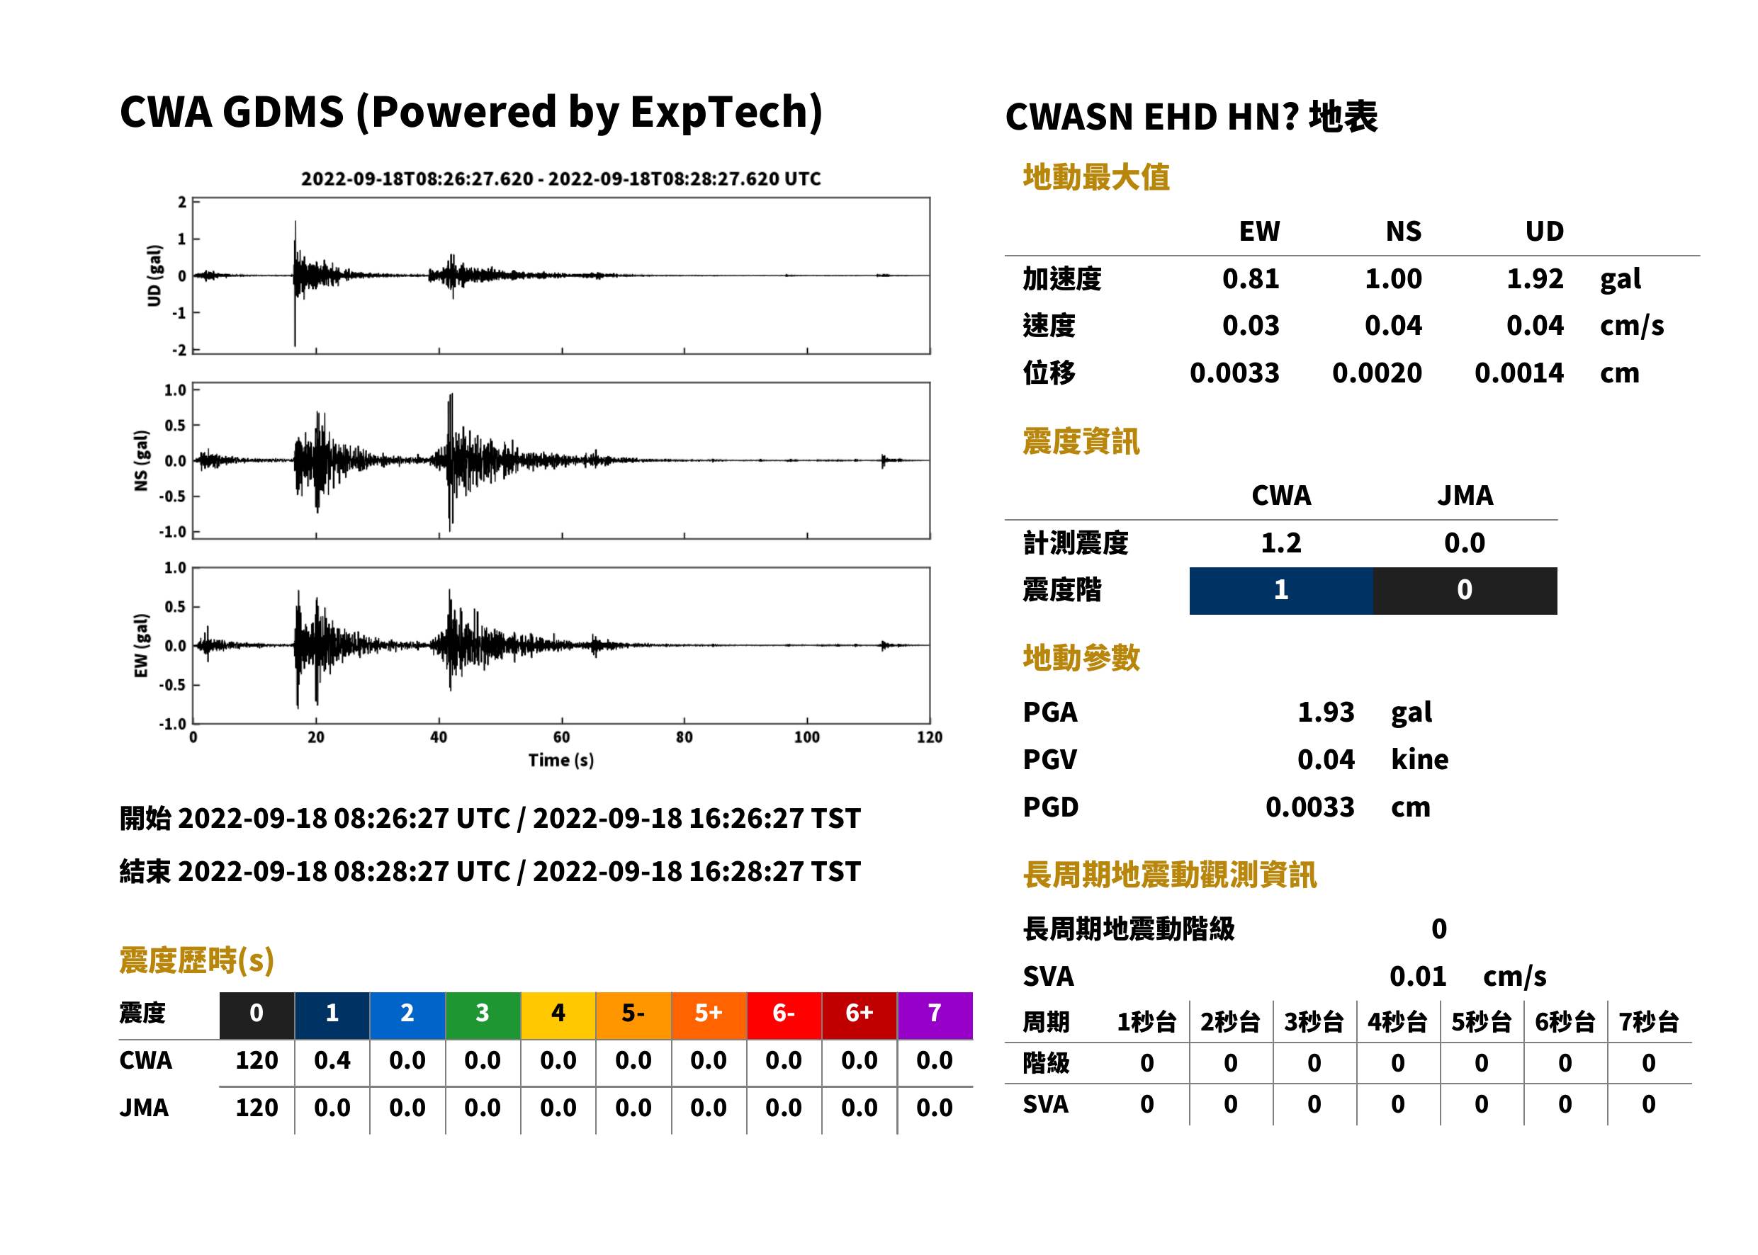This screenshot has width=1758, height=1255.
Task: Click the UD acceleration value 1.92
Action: (1535, 278)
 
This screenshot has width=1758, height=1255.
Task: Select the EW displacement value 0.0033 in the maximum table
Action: (1234, 373)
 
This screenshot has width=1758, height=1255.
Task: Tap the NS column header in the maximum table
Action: (1403, 231)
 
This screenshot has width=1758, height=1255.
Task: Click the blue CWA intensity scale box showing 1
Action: (1281, 591)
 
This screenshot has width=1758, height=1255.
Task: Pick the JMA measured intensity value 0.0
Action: (1464, 543)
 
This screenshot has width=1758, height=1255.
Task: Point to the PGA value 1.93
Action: (1326, 712)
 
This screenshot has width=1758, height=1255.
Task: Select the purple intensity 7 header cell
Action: (935, 1013)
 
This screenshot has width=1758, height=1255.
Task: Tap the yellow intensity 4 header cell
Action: (558, 1013)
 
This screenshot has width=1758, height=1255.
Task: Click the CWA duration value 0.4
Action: (332, 1060)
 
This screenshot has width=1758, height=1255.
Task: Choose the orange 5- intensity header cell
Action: (633, 1013)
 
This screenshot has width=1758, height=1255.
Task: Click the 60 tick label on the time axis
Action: (561, 737)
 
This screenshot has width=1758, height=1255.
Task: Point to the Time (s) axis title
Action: (561, 761)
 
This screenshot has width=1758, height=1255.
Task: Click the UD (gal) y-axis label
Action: (154, 276)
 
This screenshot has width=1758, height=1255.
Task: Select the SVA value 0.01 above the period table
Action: (1418, 976)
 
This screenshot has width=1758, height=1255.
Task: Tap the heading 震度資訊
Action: (1081, 441)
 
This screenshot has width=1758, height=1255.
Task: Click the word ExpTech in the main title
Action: (720, 112)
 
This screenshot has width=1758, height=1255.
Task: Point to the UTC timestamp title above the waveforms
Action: (561, 178)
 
